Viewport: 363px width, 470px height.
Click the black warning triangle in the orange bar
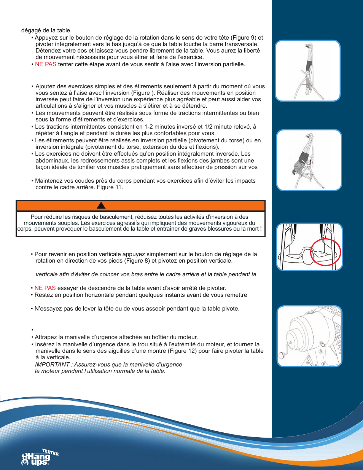point(101,206)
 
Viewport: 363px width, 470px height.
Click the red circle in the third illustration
point(325,252)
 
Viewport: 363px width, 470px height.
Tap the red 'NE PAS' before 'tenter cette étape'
point(46,64)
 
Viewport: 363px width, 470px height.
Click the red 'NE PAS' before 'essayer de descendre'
point(45,288)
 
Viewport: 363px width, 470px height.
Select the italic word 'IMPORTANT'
point(52,365)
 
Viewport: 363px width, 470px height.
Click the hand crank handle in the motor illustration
point(282,355)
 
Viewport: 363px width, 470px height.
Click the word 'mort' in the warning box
point(253,229)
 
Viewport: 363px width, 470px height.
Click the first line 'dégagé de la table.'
point(46,30)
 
